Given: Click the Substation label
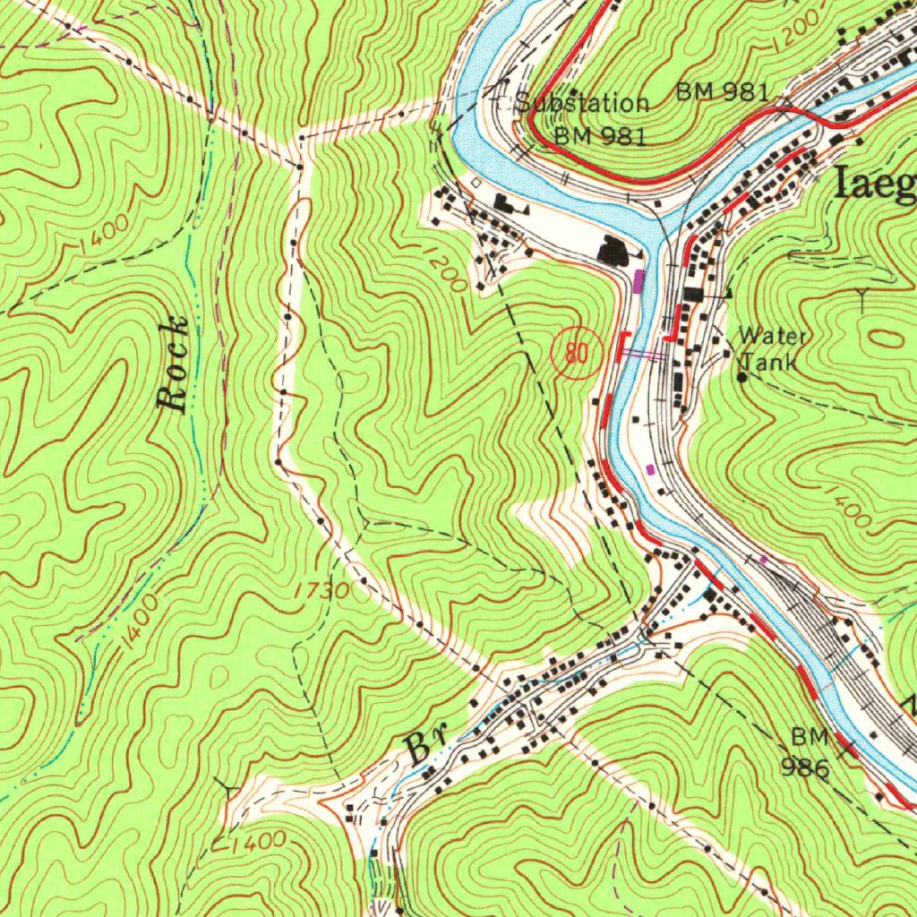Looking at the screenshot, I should point(583,103).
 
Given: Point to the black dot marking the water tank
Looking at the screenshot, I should point(741,377).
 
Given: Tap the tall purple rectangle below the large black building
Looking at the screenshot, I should point(638,281).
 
